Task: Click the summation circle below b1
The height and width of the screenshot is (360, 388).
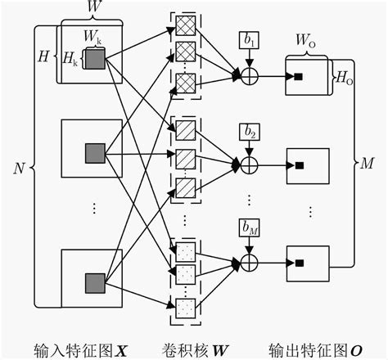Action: (x=249, y=76)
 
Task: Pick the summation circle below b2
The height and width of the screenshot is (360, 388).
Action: (x=249, y=164)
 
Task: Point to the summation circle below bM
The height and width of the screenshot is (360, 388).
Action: (x=249, y=262)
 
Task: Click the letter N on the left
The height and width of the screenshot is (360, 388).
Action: (x=19, y=168)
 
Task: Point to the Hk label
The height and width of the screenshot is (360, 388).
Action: (x=73, y=62)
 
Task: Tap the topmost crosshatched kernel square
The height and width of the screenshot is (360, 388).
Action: (x=186, y=28)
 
